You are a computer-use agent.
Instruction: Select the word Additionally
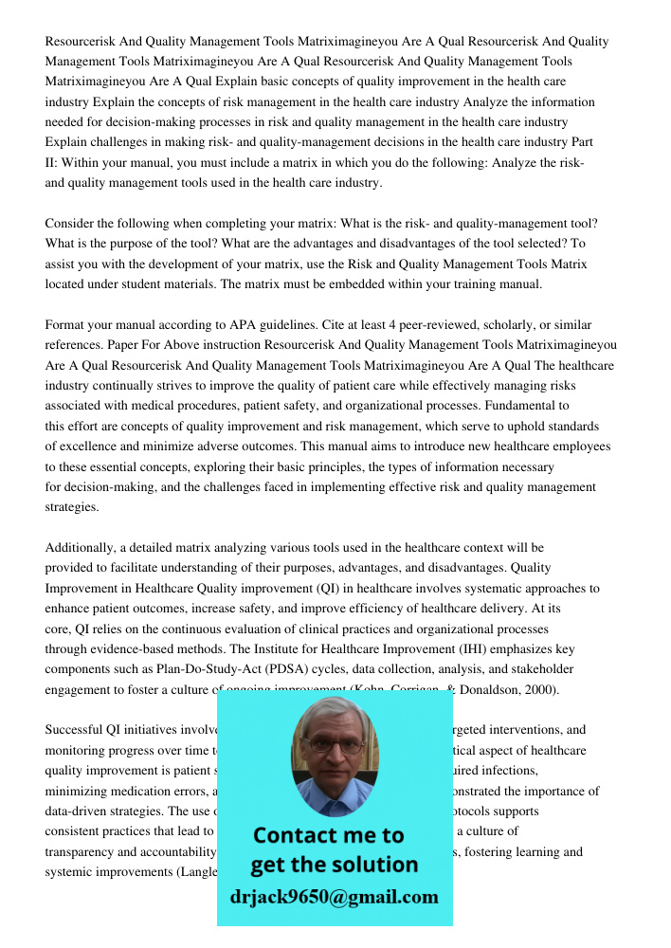click(x=82, y=548)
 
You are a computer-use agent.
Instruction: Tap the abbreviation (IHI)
click(x=410, y=649)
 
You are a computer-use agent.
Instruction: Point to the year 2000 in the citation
click(x=540, y=689)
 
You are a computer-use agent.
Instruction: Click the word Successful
click(x=76, y=730)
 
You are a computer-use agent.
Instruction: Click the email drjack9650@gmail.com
click(x=335, y=897)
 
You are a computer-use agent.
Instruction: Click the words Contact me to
click(x=329, y=835)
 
